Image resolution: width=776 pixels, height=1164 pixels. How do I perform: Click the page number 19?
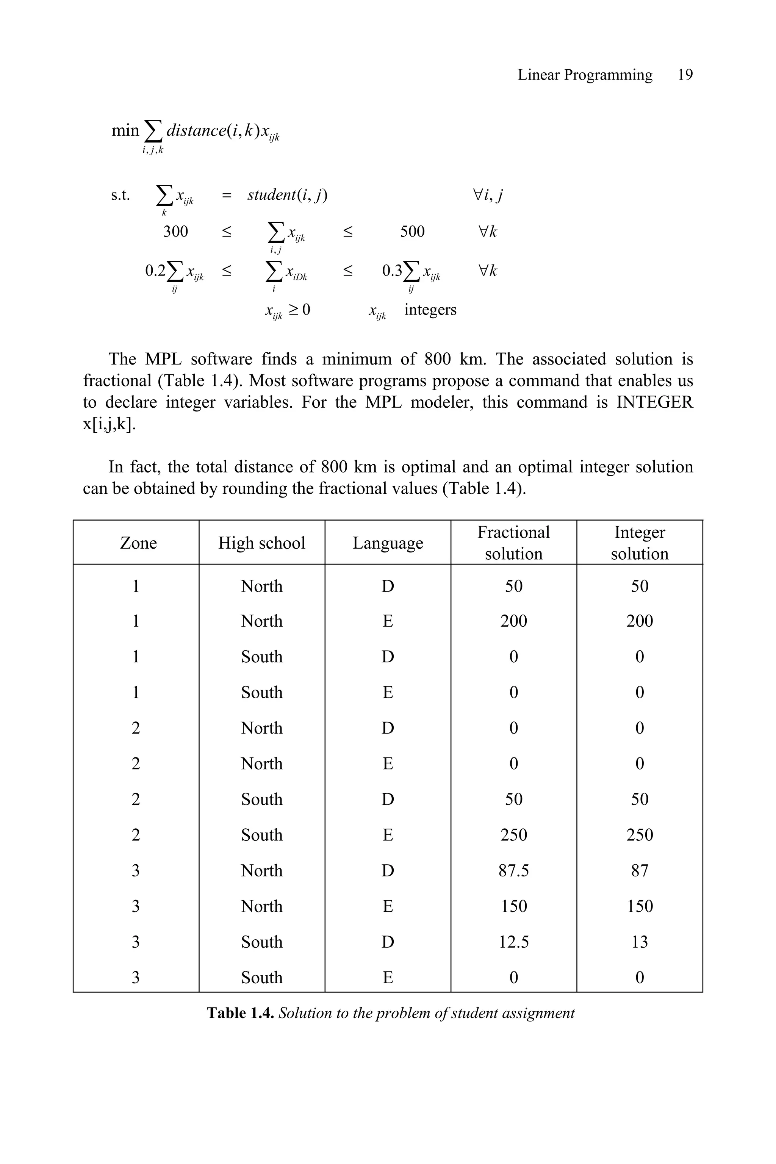click(685, 75)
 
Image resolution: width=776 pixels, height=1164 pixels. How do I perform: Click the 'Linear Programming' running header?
click(585, 75)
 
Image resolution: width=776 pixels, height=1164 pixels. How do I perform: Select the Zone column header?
click(138, 543)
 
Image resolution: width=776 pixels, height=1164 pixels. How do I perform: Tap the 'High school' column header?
click(261, 543)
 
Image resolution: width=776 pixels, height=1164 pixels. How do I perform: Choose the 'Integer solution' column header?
click(640, 543)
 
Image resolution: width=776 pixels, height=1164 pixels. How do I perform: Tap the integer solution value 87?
click(640, 870)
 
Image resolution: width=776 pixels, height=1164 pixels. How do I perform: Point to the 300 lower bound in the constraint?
click(176, 231)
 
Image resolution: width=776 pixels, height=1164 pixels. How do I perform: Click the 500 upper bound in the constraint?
click(412, 231)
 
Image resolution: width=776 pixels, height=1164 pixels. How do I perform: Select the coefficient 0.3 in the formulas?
click(392, 271)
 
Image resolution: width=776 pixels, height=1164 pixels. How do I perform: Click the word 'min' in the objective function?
click(125, 130)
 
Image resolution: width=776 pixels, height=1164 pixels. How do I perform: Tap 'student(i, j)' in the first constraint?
click(287, 195)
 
